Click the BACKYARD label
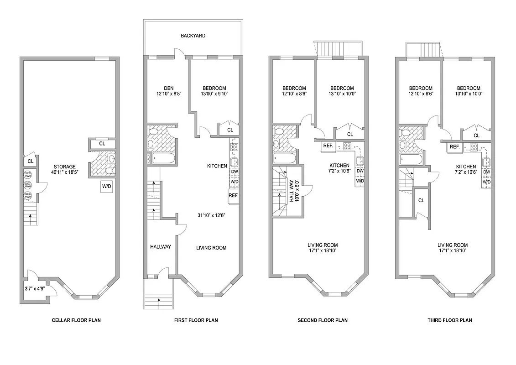[x=193, y=36]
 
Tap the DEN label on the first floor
[x=157, y=88]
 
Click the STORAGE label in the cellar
[x=64, y=167]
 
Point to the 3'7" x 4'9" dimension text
[x=34, y=288]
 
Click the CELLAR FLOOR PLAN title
[x=76, y=320]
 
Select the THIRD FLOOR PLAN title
[x=449, y=320]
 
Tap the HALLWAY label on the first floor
[x=161, y=247]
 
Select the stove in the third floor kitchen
[x=474, y=147]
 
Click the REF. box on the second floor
[x=328, y=146]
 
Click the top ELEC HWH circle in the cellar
[x=27, y=174]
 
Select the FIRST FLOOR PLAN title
[x=196, y=320]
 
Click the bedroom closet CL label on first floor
[x=230, y=130]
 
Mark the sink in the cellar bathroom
[x=111, y=159]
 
